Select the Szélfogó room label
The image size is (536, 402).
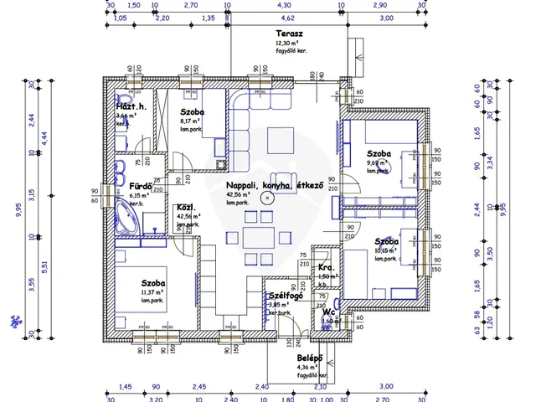pos(284,296)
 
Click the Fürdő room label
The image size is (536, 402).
pos(129,186)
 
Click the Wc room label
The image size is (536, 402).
pos(328,311)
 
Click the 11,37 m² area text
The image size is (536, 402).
pos(152,292)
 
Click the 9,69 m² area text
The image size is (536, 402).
pos(378,162)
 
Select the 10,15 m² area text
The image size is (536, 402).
pos(385,250)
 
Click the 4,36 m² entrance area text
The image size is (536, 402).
pos(307,367)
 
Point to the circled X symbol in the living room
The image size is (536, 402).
pos(266,198)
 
